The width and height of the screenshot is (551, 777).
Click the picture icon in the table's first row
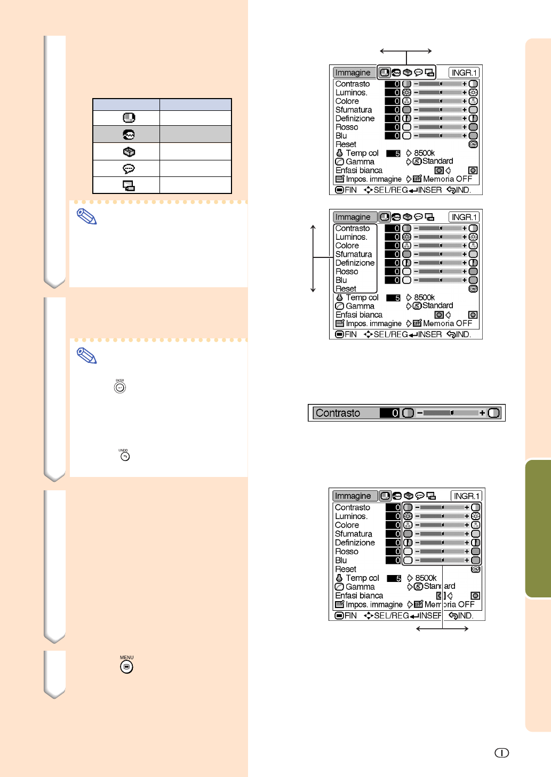[129, 118]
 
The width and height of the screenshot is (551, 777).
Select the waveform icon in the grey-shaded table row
[129, 134]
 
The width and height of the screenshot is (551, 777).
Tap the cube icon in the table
[129, 151]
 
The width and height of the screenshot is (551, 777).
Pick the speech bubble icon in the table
[129, 168]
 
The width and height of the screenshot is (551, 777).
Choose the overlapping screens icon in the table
[129, 185]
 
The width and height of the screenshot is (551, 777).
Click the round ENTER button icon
[120, 387]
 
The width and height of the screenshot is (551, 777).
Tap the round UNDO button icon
[125, 456]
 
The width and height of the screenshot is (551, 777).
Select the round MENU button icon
[126, 666]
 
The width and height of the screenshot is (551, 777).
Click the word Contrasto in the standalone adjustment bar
[338, 413]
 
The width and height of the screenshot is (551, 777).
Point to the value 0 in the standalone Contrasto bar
[395, 413]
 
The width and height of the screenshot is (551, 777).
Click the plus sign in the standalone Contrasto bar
[482, 413]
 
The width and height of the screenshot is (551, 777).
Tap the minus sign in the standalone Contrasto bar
[420, 413]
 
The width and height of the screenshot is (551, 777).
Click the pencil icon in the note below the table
[86, 216]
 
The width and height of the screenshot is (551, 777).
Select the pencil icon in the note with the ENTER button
[86, 355]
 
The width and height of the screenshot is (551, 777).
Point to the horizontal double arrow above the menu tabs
[406, 51]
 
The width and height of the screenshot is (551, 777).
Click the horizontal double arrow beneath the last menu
[442, 628]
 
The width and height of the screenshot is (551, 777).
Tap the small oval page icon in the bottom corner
[501, 752]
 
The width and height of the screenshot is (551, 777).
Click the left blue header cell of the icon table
[126, 104]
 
